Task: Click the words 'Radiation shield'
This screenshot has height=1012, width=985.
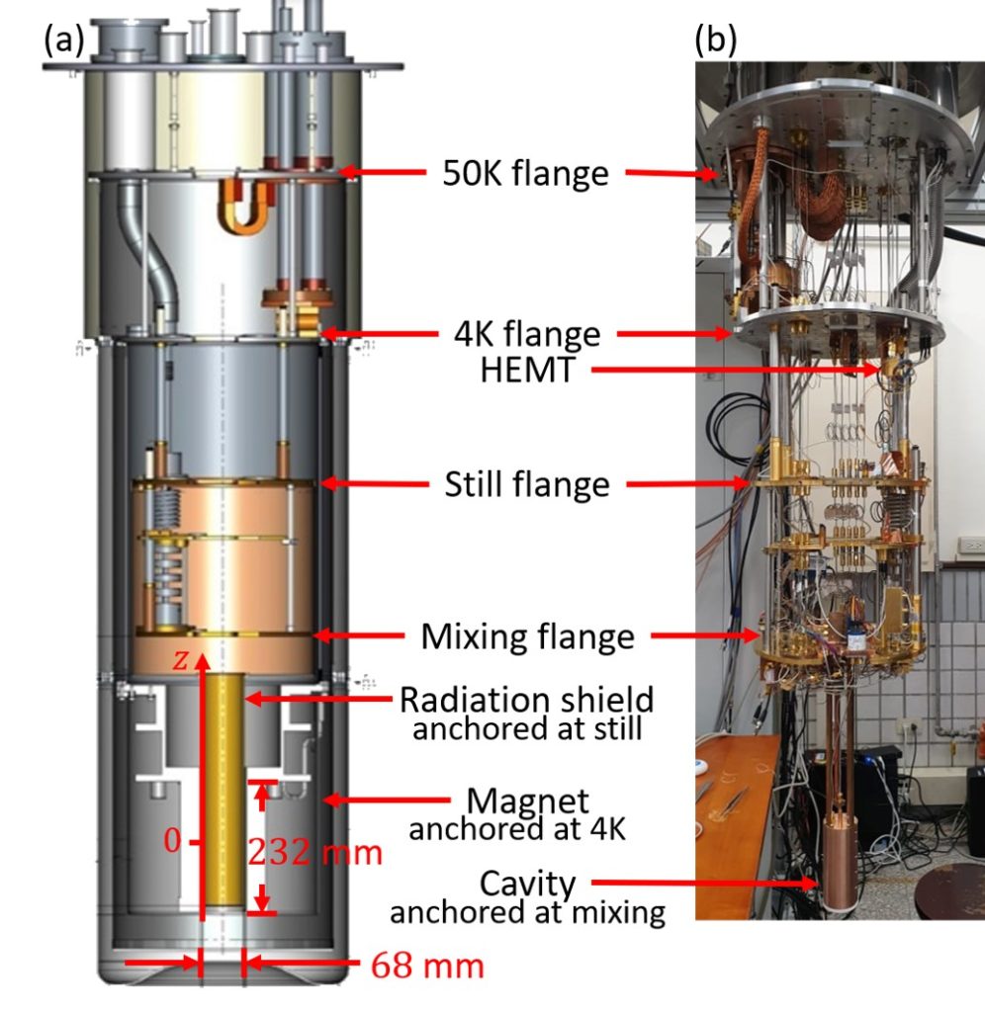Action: pyautogui.click(x=526, y=700)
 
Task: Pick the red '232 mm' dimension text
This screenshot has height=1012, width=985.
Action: pyautogui.click(x=314, y=852)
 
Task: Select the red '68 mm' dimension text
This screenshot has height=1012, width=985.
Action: pyautogui.click(x=427, y=965)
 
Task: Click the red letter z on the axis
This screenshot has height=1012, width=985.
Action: pyautogui.click(x=180, y=662)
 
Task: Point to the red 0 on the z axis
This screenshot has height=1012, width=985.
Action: pyautogui.click(x=172, y=841)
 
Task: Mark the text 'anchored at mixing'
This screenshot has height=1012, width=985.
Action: pyautogui.click(x=526, y=912)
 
